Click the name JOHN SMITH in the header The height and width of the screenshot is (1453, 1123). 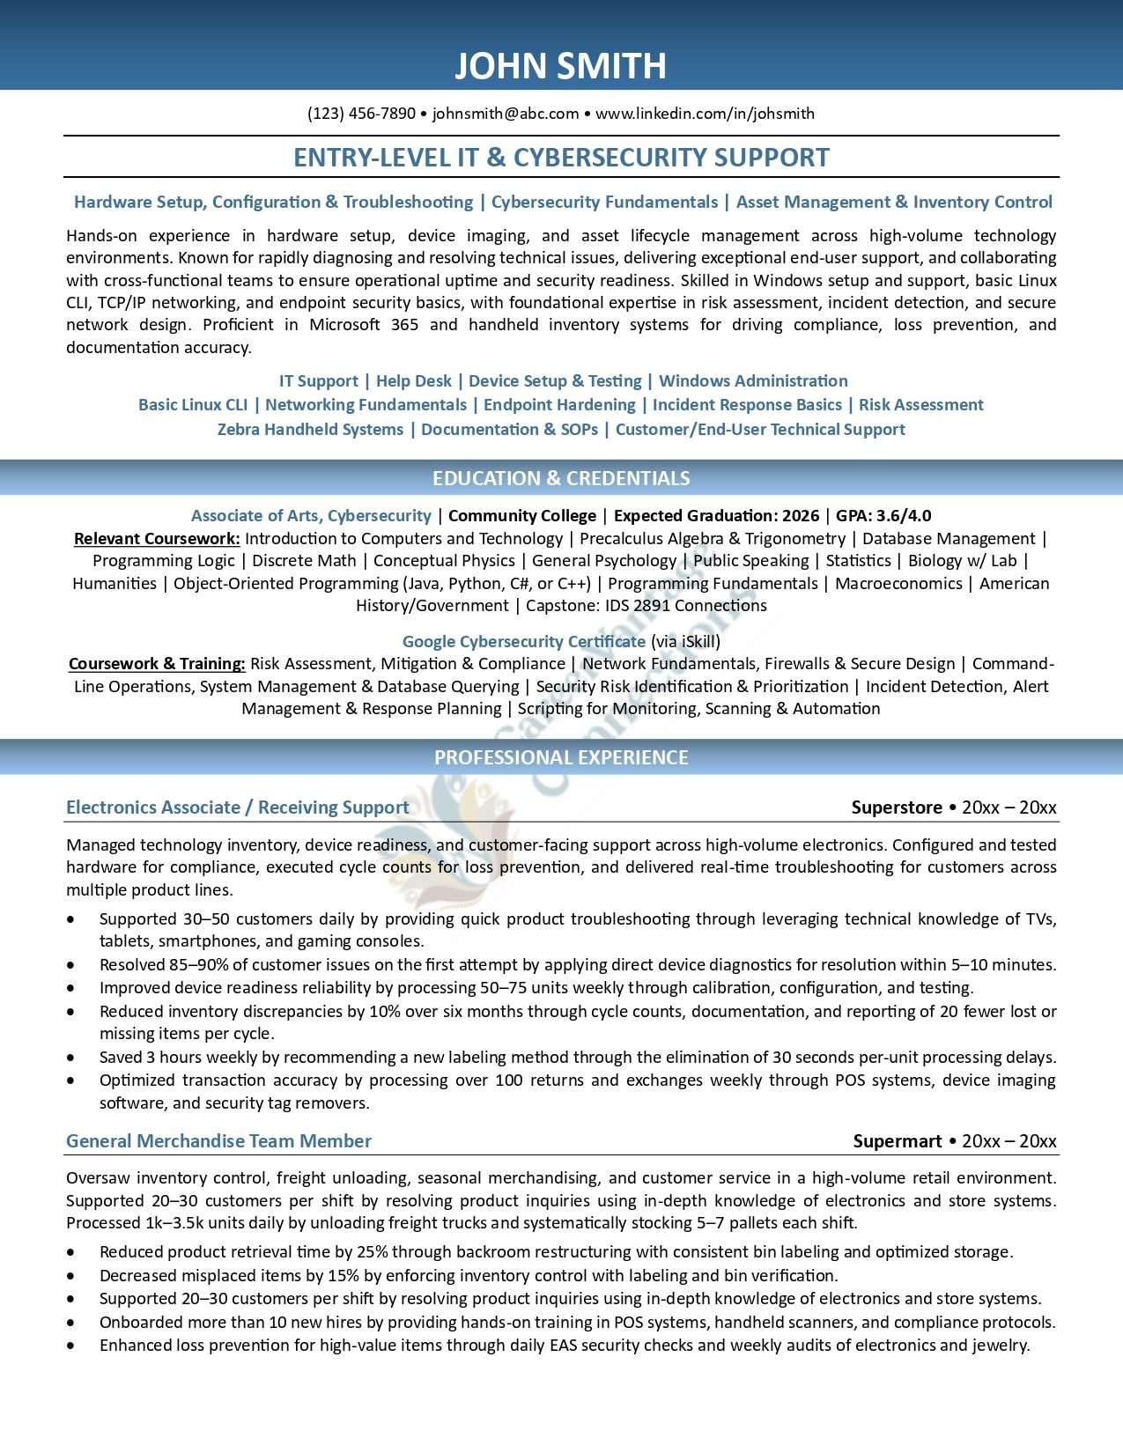[x=560, y=66]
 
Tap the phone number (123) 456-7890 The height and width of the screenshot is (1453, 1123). [x=361, y=114]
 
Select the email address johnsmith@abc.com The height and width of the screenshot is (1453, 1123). [x=506, y=114]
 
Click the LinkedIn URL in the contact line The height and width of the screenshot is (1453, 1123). [x=705, y=114]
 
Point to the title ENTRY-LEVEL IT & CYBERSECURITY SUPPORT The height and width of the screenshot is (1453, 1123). [x=561, y=158]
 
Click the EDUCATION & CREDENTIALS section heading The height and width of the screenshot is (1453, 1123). [x=561, y=478]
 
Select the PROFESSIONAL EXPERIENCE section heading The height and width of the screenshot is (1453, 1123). [x=561, y=757]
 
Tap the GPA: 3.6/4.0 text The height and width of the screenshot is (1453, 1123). [x=883, y=516]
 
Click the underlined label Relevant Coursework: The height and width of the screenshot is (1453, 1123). [x=157, y=539]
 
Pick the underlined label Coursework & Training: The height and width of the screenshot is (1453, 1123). [x=157, y=664]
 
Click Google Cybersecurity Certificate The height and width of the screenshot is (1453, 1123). [x=523, y=642]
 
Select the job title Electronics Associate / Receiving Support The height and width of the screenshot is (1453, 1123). [x=237, y=808]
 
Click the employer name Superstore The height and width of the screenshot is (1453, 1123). [x=897, y=808]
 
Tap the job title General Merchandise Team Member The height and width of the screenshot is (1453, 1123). [x=218, y=1141]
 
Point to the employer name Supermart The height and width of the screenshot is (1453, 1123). [x=898, y=1141]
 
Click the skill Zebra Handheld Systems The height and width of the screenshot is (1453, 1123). [x=310, y=430]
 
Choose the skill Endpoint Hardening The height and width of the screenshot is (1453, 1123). [x=559, y=405]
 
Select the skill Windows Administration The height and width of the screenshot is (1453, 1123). [x=753, y=381]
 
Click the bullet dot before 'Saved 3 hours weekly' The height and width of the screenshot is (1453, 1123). [x=70, y=1058]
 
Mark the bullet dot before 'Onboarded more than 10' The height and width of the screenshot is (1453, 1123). [x=70, y=1323]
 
